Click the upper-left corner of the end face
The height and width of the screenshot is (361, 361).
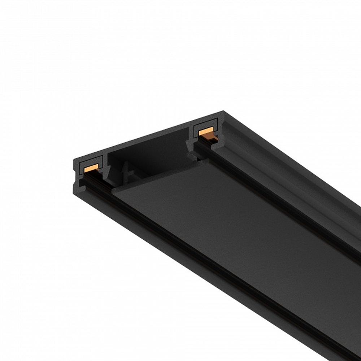(x=74, y=160)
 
